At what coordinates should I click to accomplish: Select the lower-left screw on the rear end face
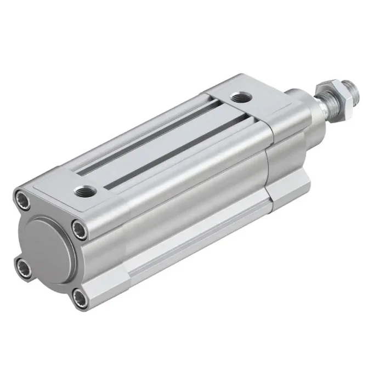point(24,267)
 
